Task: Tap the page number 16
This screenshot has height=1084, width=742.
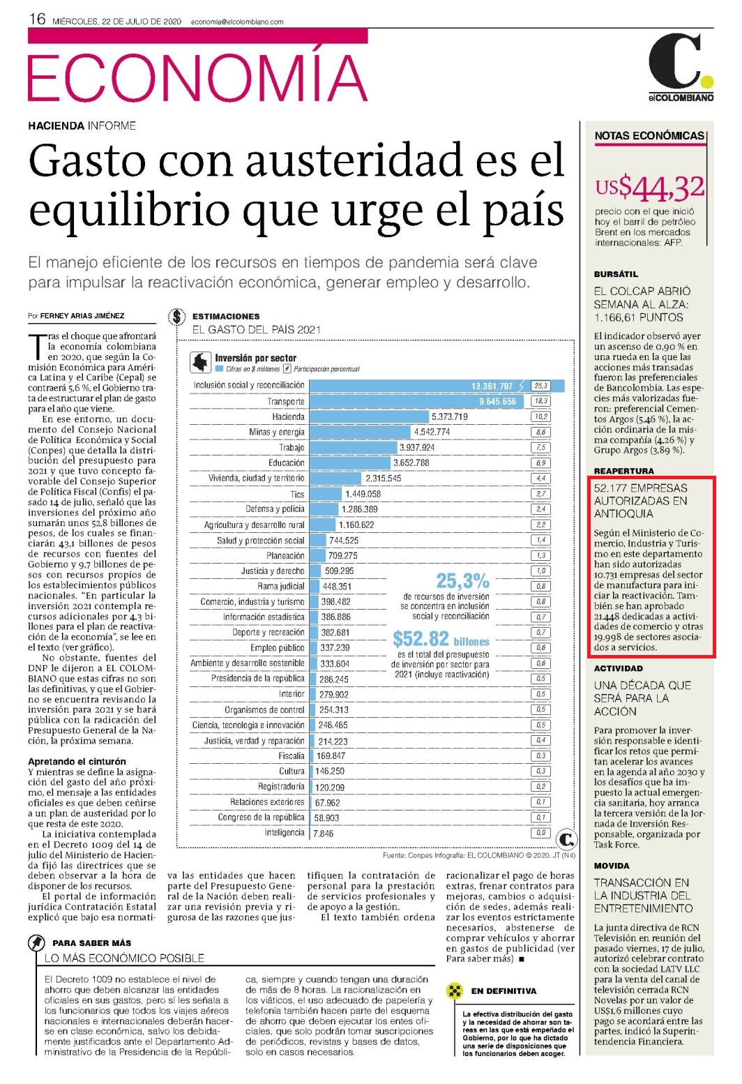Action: click(x=37, y=19)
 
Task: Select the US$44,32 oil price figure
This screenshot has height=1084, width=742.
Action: click(x=650, y=188)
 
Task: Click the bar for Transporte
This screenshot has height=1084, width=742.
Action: click(x=416, y=401)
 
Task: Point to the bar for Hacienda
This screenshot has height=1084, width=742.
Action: click(x=369, y=416)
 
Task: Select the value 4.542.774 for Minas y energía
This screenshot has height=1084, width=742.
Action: click(x=432, y=432)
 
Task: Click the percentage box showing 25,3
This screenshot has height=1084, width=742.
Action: click(x=540, y=386)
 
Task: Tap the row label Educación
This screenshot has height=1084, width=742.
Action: click(x=287, y=463)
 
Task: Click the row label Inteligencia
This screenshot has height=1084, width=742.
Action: click(x=285, y=833)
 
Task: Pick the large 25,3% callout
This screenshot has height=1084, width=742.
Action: click(x=462, y=580)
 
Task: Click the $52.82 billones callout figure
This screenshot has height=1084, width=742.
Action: click(x=441, y=639)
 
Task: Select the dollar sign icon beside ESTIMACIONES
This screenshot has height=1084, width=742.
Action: click(x=177, y=317)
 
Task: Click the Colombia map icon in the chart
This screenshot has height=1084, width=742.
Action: click(x=200, y=362)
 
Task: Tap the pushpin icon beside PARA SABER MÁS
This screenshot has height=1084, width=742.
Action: click(x=36, y=943)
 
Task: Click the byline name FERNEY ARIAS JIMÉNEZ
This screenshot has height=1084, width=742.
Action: click(x=82, y=315)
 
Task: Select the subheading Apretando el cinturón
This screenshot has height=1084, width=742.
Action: click(x=77, y=761)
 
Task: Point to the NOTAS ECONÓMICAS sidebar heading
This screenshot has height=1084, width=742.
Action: click(x=649, y=136)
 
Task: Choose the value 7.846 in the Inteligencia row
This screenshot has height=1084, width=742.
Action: click(x=324, y=834)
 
